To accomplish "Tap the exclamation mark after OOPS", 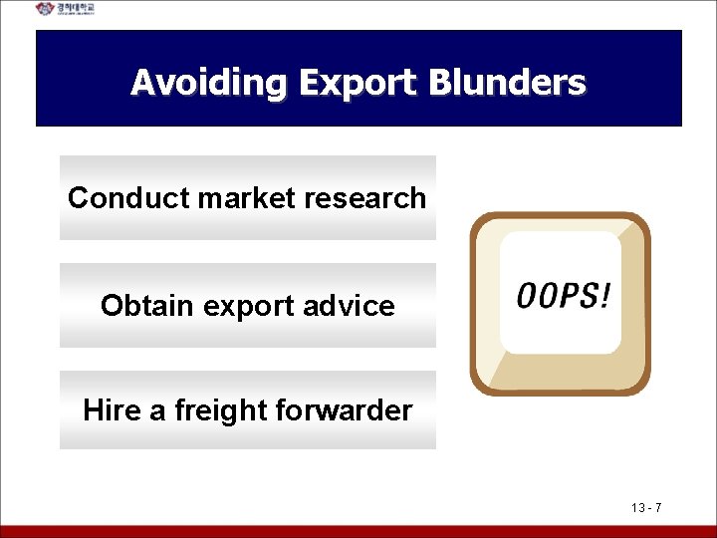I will coord(605,295).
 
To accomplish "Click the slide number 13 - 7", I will coord(646,509).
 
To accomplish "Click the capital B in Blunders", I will coord(440,82).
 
